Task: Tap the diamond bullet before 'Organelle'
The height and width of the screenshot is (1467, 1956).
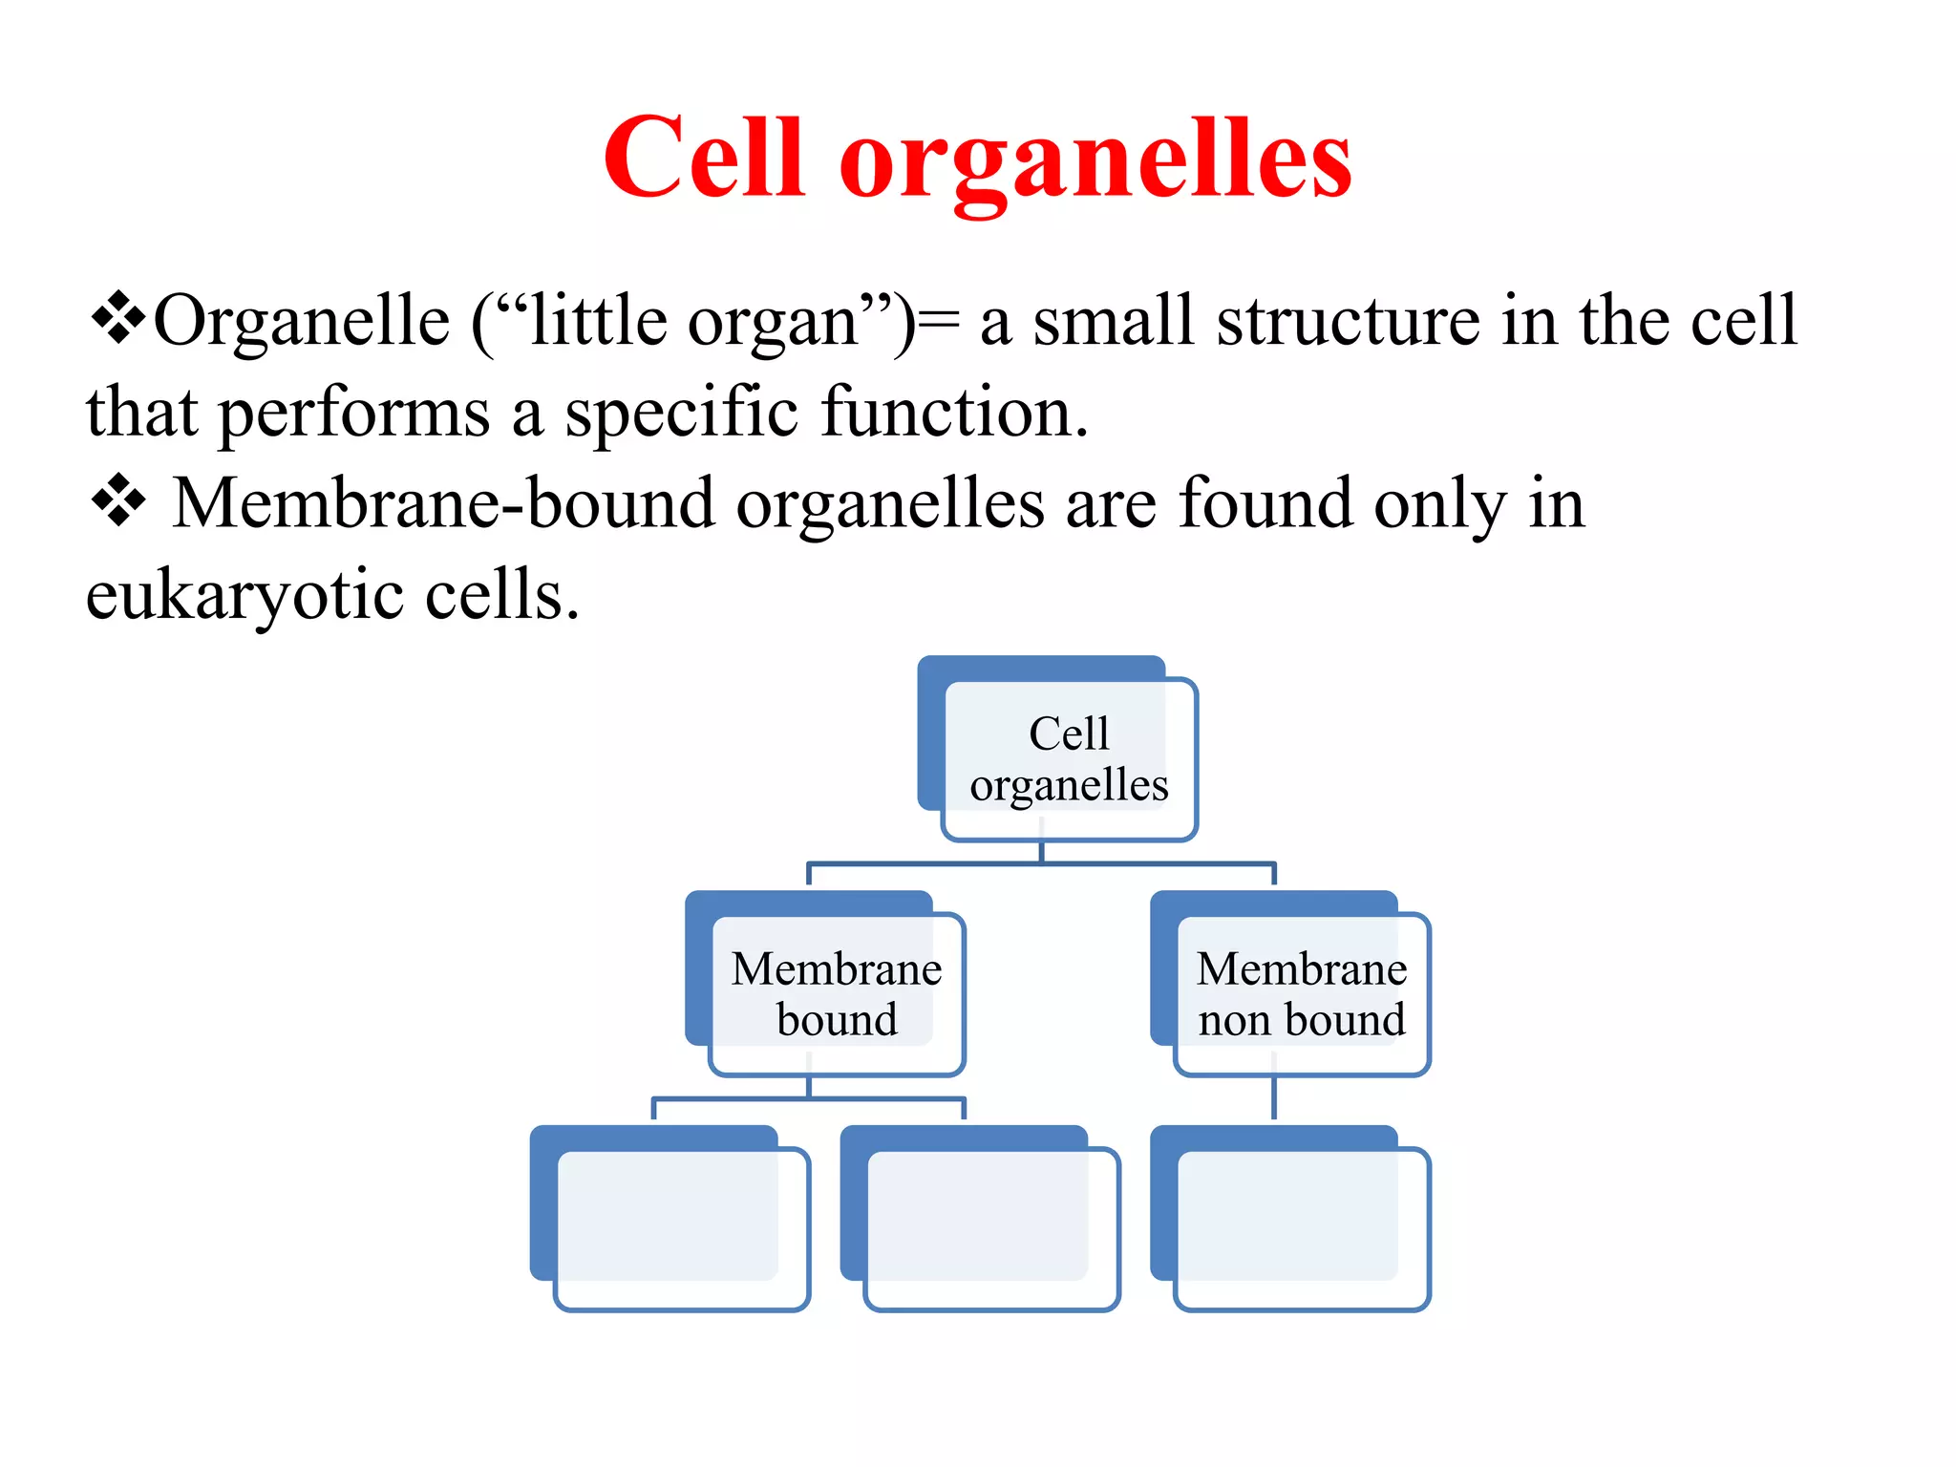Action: pos(117,318)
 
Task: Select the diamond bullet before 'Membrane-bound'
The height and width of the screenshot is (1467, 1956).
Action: pos(118,500)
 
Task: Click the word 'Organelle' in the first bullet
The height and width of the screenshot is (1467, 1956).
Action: pos(302,321)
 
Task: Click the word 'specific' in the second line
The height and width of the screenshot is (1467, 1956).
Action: pos(681,413)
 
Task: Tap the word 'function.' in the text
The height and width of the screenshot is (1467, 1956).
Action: pos(954,413)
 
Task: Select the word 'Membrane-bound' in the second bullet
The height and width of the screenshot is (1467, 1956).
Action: pos(443,503)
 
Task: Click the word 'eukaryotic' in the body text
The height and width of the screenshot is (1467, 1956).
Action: pos(244,597)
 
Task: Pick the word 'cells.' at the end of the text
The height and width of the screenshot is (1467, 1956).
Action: pos(501,595)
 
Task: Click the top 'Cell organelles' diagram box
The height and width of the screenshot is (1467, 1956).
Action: pos(1069,759)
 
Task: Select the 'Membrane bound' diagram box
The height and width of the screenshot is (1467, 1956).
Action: pos(837,994)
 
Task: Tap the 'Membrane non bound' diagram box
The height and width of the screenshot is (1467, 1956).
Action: pos(1301,994)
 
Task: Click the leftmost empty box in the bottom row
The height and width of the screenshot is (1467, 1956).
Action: pos(681,1228)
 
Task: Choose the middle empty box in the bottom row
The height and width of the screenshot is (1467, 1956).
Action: pos(990,1228)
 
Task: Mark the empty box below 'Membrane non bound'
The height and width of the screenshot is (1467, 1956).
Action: pos(1301,1228)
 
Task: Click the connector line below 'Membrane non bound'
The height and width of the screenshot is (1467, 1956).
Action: pos(1274,1098)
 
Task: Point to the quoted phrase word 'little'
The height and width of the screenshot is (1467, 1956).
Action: pos(599,321)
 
